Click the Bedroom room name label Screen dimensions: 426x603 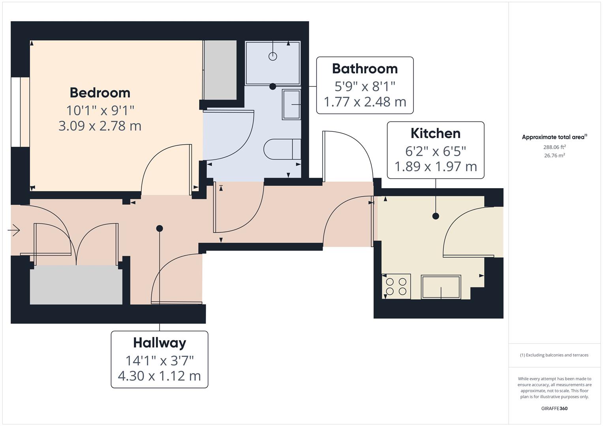tap(100, 93)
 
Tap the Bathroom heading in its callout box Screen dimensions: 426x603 tap(364, 69)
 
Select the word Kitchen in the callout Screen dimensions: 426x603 tap(435, 133)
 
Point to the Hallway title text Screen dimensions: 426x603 tap(159, 343)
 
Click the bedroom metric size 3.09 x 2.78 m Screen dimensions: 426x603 tap(100, 126)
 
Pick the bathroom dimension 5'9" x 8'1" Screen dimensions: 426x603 tap(364, 86)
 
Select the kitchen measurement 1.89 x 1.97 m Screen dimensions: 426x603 tap(435, 166)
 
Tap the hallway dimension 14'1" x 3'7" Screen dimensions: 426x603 tap(159, 360)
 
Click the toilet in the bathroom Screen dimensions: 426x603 tap(282, 149)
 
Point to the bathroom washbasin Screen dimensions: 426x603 tap(291, 104)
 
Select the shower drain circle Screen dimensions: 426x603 tap(272, 56)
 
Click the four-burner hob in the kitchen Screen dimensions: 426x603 tap(396, 286)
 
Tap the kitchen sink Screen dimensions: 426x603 tap(441, 287)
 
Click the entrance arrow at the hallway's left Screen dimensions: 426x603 tap(14, 230)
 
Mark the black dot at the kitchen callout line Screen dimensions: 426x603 tap(436, 216)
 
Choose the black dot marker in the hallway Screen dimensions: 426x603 tap(160, 228)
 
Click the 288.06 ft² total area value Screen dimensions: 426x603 tap(554, 147)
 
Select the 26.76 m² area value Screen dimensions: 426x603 tap(554, 155)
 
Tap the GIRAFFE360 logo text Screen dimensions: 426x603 tap(554, 408)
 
